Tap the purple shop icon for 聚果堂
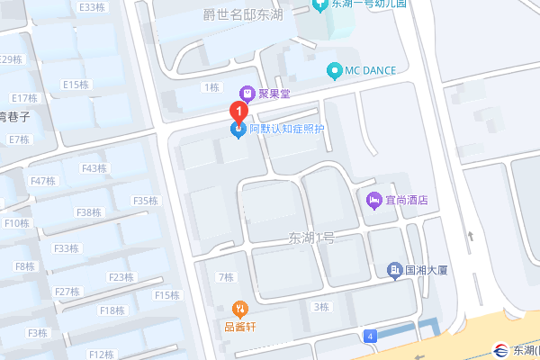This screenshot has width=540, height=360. (x=245, y=93)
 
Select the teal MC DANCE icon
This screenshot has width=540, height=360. (x=335, y=69)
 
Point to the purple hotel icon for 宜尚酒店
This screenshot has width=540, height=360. (x=373, y=200)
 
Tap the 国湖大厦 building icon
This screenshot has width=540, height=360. (x=394, y=269)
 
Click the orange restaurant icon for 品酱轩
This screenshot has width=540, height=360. (x=238, y=308)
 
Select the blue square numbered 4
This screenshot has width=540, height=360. (x=370, y=336)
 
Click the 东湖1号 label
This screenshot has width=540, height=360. (x=311, y=238)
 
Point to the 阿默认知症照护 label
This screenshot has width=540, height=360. (x=286, y=130)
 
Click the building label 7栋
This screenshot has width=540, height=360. (x=225, y=276)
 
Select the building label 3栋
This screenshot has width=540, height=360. (x=320, y=307)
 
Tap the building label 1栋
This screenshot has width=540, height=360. (x=212, y=87)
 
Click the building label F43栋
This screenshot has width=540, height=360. (x=94, y=168)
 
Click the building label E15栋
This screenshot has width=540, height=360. (x=75, y=85)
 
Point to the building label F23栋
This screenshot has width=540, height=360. (x=121, y=277)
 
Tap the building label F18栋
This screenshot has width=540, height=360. (x=112, y=310)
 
